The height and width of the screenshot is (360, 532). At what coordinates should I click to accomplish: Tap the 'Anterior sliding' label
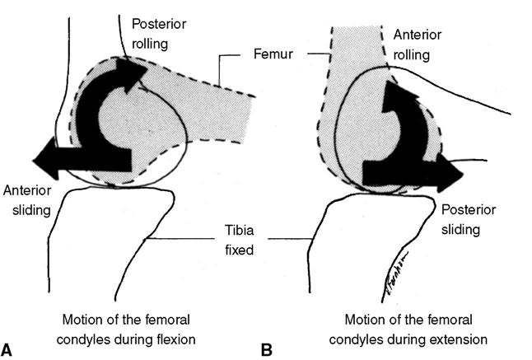26,200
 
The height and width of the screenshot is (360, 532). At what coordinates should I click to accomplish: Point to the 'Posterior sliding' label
466,217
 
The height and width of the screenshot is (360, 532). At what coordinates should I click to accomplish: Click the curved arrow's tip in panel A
136,72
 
